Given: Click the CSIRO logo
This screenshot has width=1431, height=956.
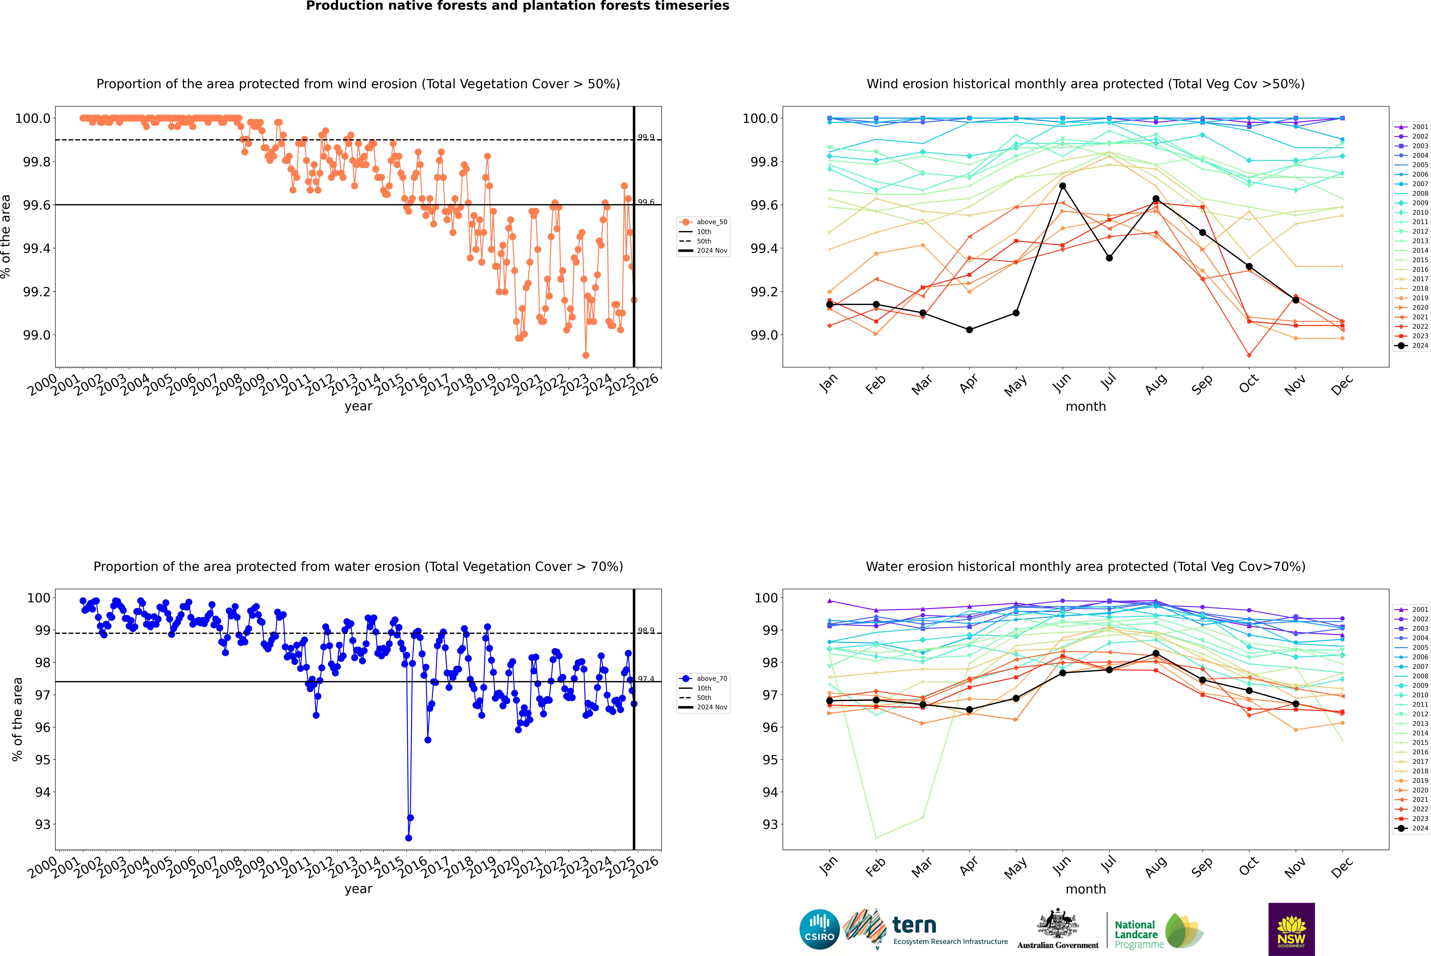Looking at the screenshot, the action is (x=819, y=929).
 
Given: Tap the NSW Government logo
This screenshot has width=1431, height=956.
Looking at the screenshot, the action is (x=1291, y=929).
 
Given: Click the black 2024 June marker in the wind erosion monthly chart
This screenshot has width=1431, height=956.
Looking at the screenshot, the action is (x=1063, y=186).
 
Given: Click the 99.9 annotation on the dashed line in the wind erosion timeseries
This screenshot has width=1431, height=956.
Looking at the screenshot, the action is (x=646, y=137).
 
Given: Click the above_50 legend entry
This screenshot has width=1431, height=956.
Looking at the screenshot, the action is (x=703, y=222).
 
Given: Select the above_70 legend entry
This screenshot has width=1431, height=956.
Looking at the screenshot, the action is (x=703, y=679).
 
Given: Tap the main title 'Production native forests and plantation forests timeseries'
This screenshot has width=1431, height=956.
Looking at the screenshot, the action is (x=517, y=6).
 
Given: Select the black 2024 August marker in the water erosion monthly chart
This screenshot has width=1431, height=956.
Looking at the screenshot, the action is (x=1156, y=654).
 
